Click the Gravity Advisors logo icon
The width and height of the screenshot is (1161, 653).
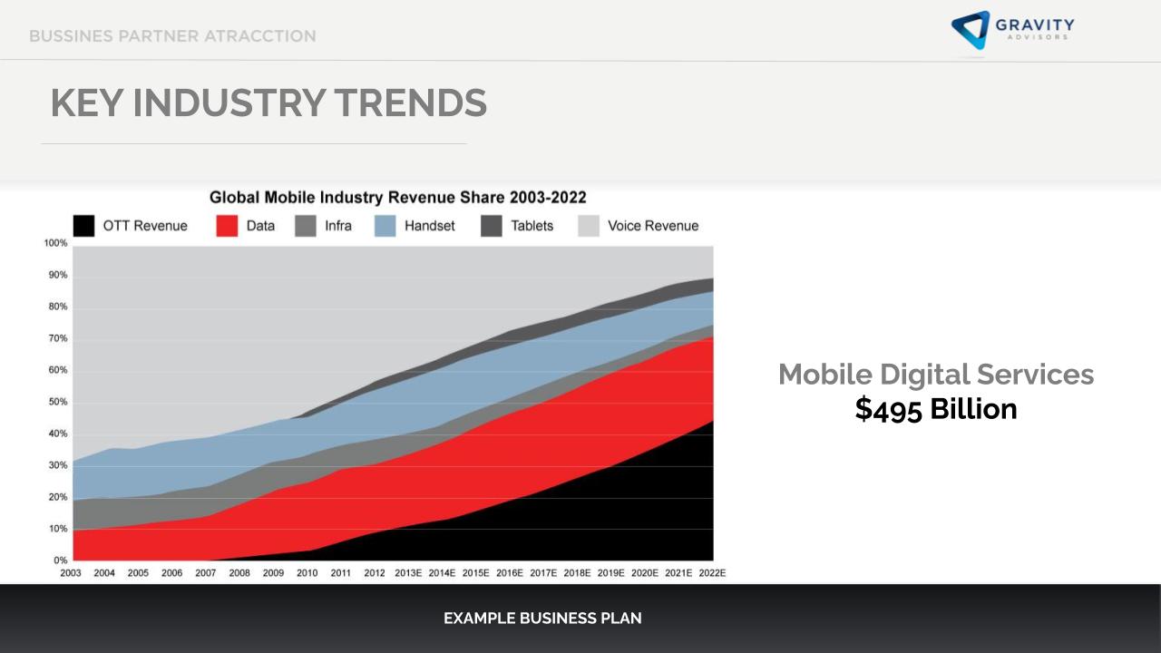click(970, 30)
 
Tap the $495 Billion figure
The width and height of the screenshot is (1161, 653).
click(935, 409)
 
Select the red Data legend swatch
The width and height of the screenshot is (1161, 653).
click(227, 226)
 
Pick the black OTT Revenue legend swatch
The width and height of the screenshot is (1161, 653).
click(83, 226)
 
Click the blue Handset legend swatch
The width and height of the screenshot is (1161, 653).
click(385, 226)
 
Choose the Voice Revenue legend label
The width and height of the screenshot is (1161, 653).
click(653, 226)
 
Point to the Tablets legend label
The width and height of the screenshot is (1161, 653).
click(532, 226)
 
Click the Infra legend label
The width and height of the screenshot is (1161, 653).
click(337, 226)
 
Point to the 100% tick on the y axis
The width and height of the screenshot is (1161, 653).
click(55, 243)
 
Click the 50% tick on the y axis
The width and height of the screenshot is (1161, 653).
click(57, 402)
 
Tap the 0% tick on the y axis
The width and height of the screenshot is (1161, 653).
click(60, 560)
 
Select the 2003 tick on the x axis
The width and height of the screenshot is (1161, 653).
click(71, 573)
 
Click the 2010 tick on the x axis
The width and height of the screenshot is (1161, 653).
click(307, 573)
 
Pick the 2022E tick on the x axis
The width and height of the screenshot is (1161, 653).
click(712, 573)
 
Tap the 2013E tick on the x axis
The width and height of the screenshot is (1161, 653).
click(408, 573)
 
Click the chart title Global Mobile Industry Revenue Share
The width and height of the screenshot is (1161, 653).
click(397, 198)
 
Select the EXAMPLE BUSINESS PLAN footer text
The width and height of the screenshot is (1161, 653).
click(542, 619)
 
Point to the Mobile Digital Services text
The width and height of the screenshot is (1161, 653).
click(936, 374)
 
